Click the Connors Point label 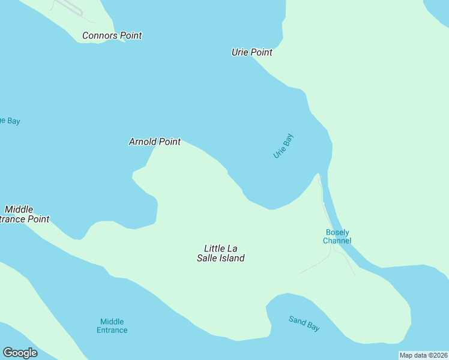112,36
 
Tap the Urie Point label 252,53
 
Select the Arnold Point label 154,142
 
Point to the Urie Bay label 283,146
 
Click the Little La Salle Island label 221,253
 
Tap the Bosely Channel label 337,237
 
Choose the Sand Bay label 304,323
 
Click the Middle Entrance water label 112,326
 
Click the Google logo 20,353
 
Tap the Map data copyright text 424,355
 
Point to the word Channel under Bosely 337,241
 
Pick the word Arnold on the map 142,142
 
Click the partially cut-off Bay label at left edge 10,121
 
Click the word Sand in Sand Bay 297,320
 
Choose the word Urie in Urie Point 240,53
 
